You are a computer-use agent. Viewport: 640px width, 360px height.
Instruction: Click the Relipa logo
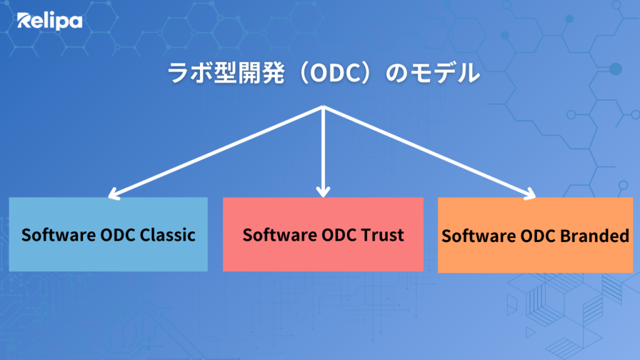(x=49, y=21)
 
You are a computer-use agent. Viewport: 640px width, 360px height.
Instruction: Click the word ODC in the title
(x=334, y=73)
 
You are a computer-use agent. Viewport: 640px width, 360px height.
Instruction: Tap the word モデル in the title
(x=445, y=73)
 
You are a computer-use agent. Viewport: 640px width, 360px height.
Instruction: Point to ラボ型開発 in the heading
(x=226, y=73)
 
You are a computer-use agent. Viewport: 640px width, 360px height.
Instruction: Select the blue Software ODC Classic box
(x=108, y=234)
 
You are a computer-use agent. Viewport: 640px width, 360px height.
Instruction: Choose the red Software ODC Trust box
(x=323, y=234)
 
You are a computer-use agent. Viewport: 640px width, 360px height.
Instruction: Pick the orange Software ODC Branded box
(x=535, y=235)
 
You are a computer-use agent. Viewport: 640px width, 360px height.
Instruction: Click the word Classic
(x=167, y=235)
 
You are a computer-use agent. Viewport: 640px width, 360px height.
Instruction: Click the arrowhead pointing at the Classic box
(x=114, y=194)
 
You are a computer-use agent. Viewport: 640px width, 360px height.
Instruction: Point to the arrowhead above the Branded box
(x=530, y=194)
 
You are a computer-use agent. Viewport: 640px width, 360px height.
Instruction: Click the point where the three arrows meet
(x=323, y=107)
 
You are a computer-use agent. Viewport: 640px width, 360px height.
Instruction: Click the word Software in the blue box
(x=59, y=235)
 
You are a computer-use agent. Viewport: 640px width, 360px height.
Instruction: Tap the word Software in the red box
(x=280, y=235)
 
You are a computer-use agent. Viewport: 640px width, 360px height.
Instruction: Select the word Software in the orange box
(x=479, y=236)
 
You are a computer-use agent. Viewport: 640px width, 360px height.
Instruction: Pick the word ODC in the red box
(x=339, y=235)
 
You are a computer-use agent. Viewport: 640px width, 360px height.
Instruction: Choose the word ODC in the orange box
(x=537, y=236)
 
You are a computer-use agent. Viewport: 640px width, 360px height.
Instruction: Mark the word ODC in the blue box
(x=117, y=235)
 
